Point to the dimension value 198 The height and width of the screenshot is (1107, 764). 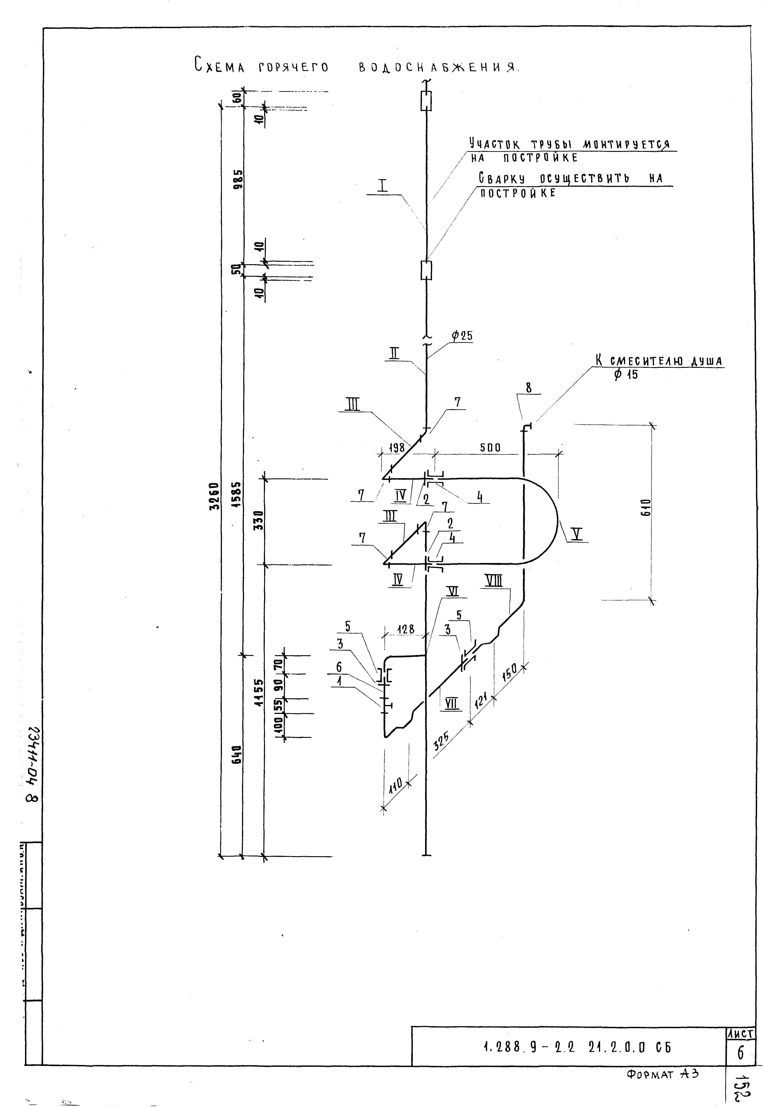397,448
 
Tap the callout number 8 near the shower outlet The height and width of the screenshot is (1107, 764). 528,388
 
